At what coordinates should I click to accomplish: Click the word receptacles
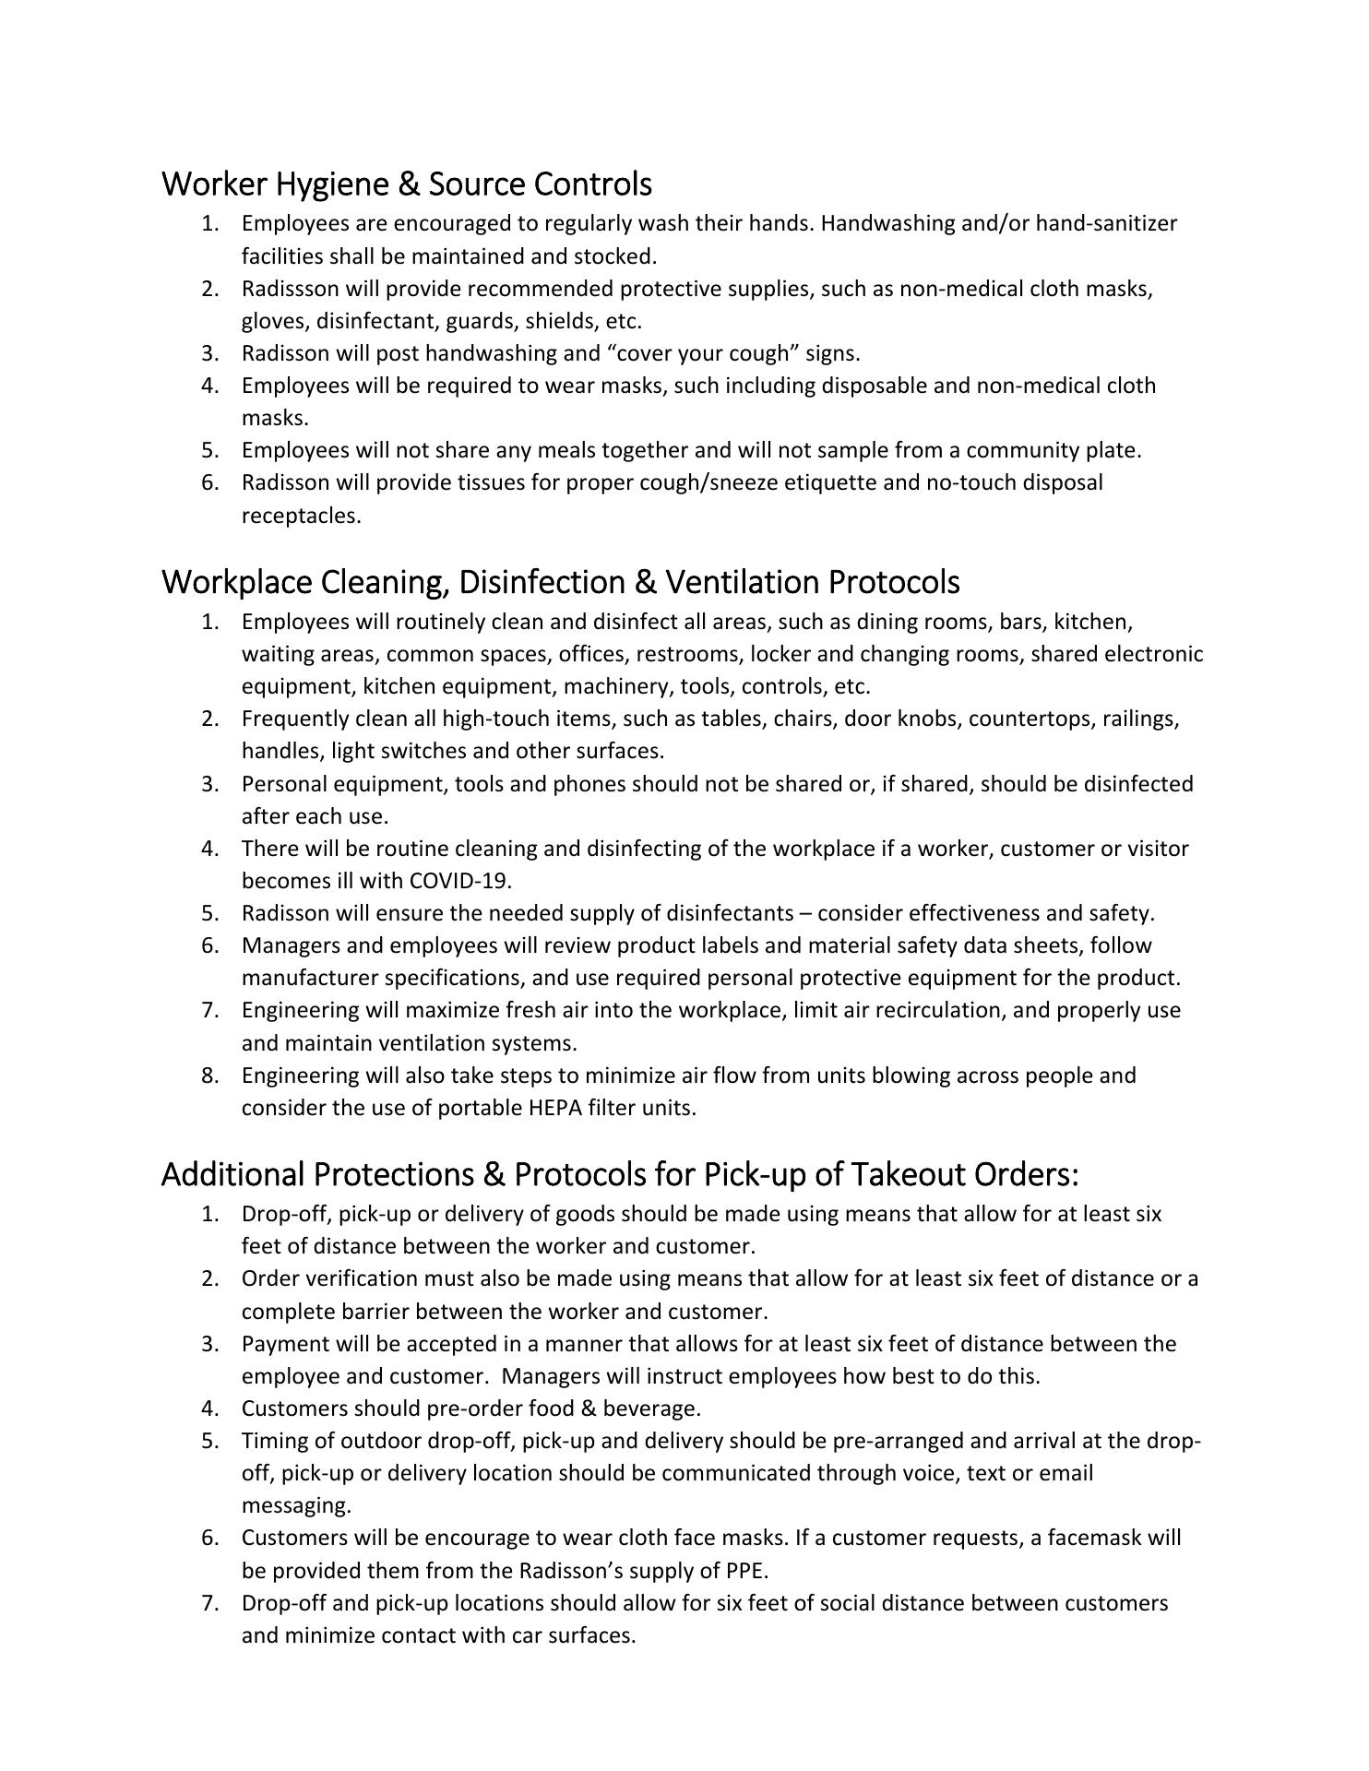click(x=300, y=516)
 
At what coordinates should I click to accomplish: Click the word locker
click(x=779, y=654)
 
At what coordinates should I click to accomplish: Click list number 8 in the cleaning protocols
click(x=210, y=1076)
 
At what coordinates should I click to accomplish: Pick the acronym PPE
click(x=745, y=1570)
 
